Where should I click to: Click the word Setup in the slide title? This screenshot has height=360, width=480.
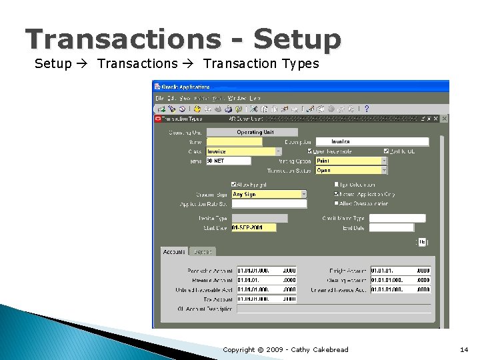(x=297, y=40)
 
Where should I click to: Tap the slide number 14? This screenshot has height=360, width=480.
(x=464, y=349)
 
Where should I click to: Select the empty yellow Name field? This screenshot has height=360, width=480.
(x=234, y=142)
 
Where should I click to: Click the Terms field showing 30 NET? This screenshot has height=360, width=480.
(x=228, y=161)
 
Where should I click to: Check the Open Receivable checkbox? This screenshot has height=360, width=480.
(x=310, y=151)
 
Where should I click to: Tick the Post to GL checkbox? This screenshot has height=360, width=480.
(x=387, y=151)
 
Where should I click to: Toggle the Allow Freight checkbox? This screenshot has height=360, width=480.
(x=234, y=185)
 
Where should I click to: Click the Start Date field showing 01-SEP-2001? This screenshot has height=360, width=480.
(x=253, y=228)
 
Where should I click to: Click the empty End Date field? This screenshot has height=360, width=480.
(x=396, y=228)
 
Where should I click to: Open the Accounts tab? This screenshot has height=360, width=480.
(x=175, y=251)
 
